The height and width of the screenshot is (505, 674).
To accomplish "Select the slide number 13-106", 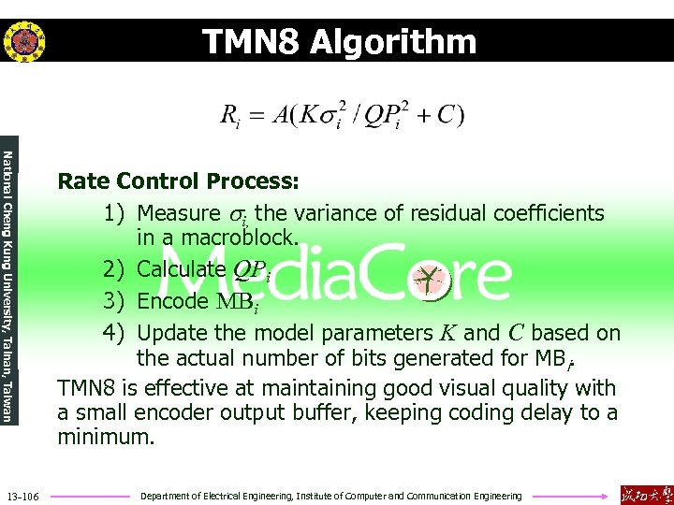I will tap(22, 497).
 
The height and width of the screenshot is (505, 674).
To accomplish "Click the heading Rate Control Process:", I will tap(178, 180).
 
